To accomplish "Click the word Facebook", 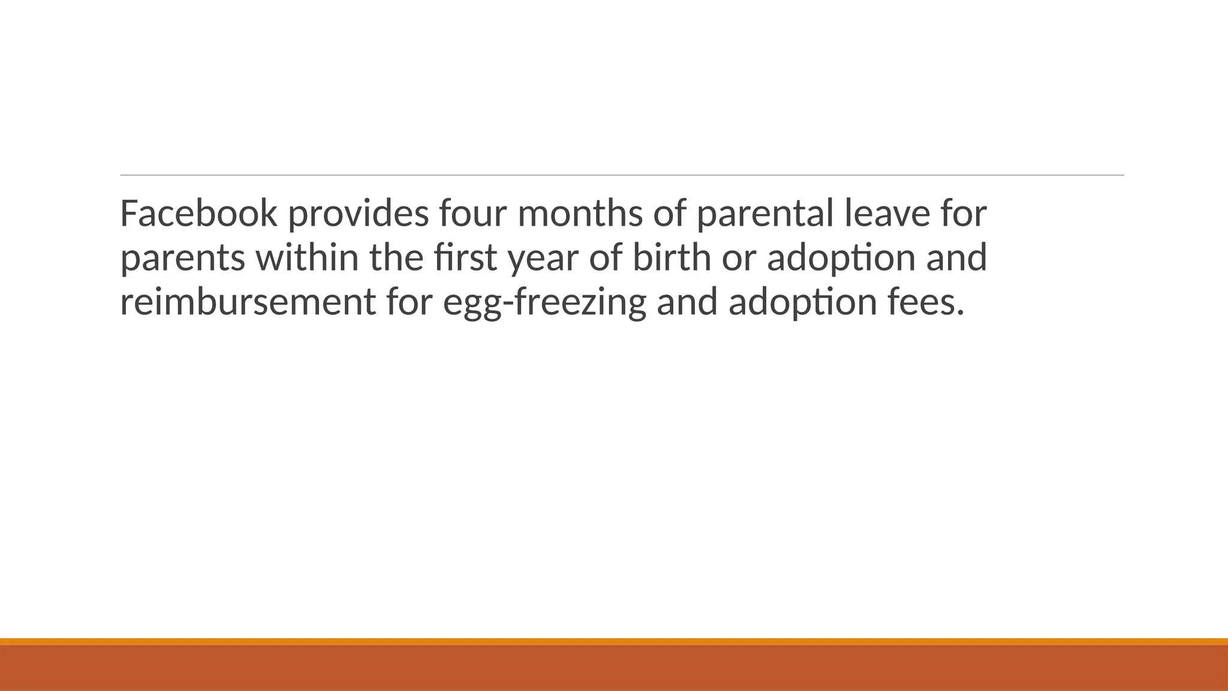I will pyautogui.click(x=198, y=213).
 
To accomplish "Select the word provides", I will pyautogui.click(x=359, y=213).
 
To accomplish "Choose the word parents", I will pyautogui.click(x=182, y=258).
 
